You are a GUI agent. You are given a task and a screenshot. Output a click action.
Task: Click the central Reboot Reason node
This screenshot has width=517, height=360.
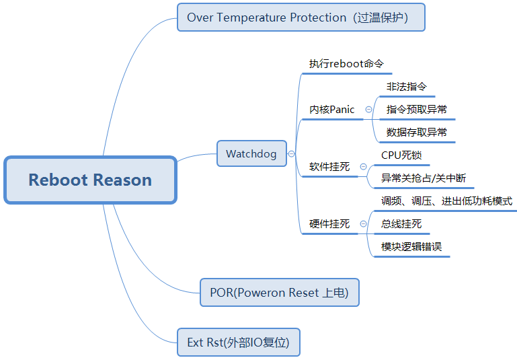[90, 180]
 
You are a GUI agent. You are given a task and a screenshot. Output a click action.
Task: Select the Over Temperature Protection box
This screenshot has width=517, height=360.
[301, 17]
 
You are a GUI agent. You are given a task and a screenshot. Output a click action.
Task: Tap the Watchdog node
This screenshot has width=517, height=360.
[251, 154]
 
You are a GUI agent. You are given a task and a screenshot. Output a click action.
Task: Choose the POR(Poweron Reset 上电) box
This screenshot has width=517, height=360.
[280, 293]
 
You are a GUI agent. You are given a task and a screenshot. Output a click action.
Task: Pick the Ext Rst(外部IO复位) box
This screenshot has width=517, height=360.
[238, 343]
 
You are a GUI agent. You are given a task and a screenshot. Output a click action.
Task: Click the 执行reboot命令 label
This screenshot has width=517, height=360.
[346, 64]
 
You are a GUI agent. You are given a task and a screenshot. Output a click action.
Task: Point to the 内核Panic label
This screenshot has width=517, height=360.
[331, 110]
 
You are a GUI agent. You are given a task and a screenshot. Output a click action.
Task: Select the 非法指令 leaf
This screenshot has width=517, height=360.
[406, 87]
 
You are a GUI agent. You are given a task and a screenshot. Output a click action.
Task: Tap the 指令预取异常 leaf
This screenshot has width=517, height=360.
[416, 110]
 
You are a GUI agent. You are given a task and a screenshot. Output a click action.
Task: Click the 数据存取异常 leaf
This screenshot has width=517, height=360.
[416, 133]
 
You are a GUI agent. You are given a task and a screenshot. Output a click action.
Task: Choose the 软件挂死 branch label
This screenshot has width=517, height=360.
[329, 167]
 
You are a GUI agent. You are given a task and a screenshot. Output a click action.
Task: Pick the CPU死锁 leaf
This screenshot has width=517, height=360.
[401, 155]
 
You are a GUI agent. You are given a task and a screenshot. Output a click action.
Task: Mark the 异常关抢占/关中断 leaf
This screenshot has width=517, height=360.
[423, 178]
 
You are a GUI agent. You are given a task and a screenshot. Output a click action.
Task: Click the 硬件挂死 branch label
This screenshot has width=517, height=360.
[329, 224]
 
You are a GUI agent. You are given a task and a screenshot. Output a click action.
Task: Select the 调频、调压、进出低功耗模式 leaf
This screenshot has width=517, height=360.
[446, 201]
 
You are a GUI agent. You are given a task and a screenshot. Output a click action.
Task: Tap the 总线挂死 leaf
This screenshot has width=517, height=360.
[401, 224]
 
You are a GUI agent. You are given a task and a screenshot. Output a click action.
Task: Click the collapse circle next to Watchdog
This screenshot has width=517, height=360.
[291, 154]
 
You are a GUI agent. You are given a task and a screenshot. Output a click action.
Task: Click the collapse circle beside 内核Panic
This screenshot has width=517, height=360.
[368, 109]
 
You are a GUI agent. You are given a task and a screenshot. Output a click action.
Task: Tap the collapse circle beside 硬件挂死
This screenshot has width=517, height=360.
[363, 224]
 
